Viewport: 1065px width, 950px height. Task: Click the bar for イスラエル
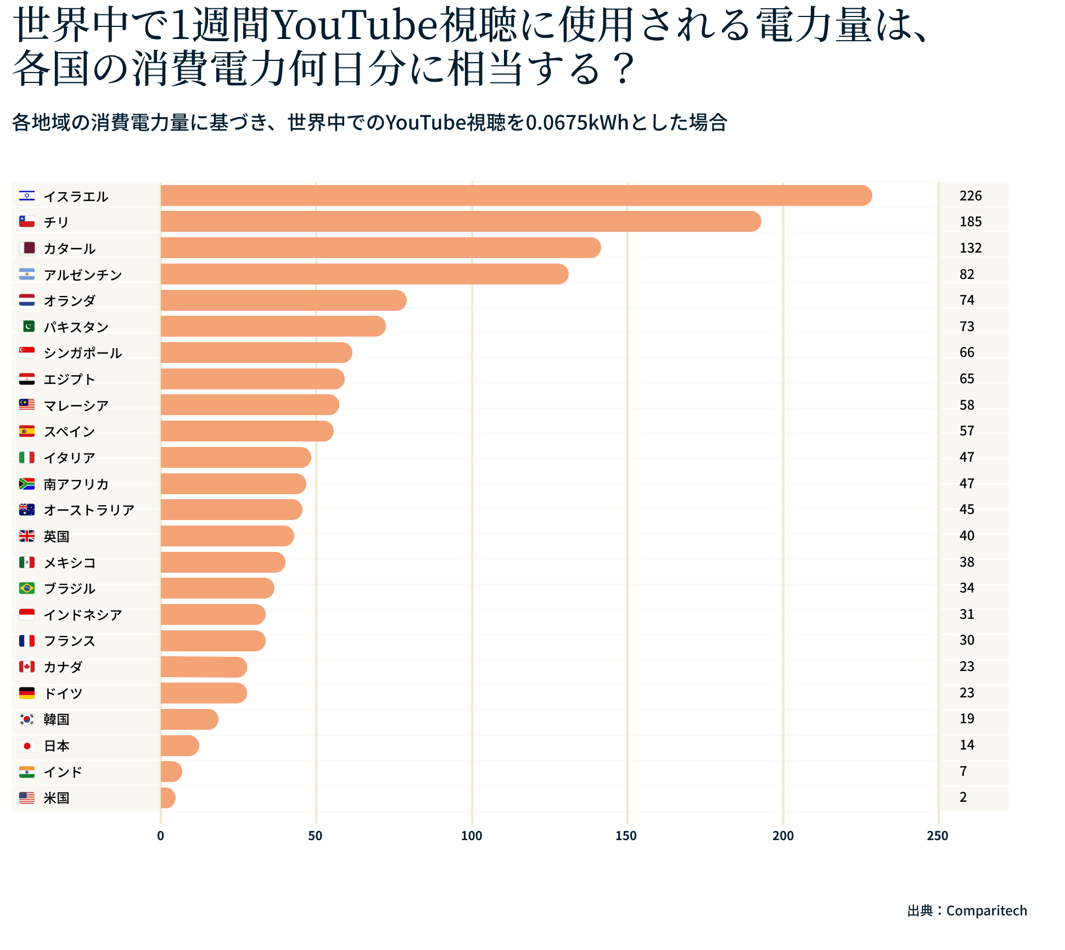pyautogui.click(x=516, y=195)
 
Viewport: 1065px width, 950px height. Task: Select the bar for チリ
pyautogui.click(x=461, y=221)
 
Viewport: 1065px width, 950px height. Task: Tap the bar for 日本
pyautogui.click(x=180, y=745)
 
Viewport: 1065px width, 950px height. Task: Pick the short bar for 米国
pyautogui.click(x=168, y=797)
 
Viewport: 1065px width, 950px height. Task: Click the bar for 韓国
pyautogui.click(x=189, y=719)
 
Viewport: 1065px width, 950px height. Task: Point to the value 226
pyautogui.click(x=970, y=195)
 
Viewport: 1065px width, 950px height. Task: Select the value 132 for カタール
pyautogui.click(x=970, y=248)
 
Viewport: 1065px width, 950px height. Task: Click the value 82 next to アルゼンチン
pyautogui.click(x=967, y=274)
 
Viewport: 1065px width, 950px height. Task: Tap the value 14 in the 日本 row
pyautogui.click(x=967, y=745)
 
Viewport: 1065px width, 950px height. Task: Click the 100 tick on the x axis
pyautogui.click(x=471, y=836)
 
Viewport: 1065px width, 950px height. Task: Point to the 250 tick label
pyautogui.click(x=937, y=836)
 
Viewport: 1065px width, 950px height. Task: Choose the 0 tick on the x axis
pyautogui.click(x=160, y=836)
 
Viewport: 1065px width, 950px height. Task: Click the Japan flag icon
pyautogui.click(x=27, y=746)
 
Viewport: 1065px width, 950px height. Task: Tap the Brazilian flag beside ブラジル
pyautogui.click(x=27, y=588)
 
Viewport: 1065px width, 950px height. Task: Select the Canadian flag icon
pyautogui.click(x=27, y=667)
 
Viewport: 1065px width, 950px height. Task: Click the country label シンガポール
pyautogui.click(x=82, y=353)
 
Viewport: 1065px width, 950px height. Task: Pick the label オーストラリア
pyautogui.click(x=89, y=510)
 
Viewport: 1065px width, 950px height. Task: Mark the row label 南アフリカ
pyautogui.click(x=76, y=484)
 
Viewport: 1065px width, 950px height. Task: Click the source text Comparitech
pyautogui.click(x=986, y=910)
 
